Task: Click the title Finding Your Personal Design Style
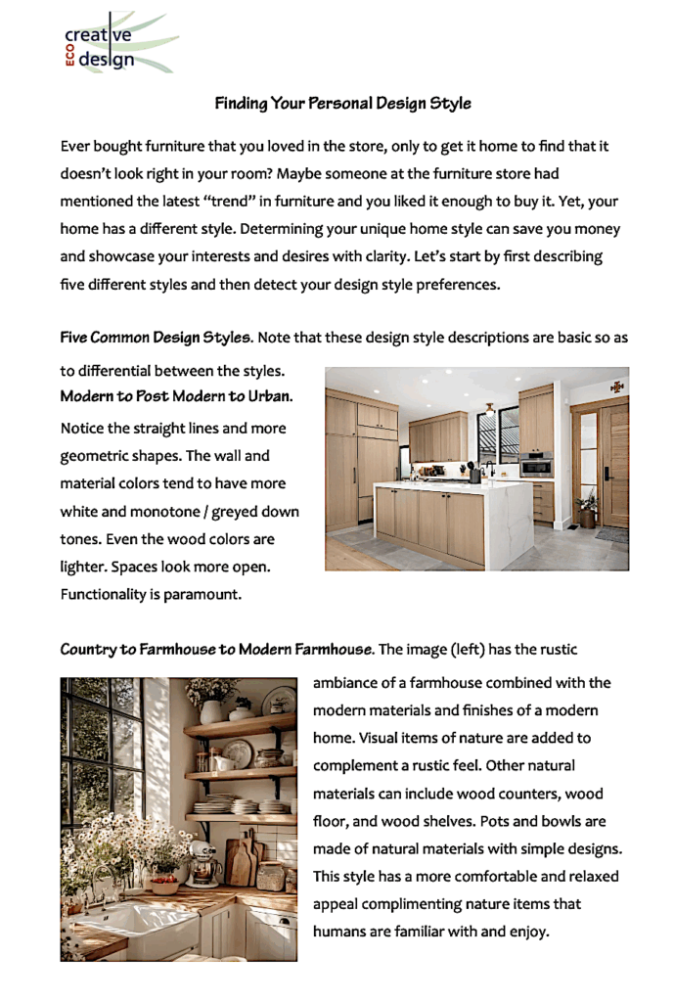tap(342, 103)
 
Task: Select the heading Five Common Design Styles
tap(156, 338)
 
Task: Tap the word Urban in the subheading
tap(270, 397)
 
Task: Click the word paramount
tap(198, 594)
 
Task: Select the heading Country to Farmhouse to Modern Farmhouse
tap(216, 649)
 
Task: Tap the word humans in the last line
tap(339, 932)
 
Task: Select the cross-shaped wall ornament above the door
tap(617, 387)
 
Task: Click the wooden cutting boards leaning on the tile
tap(243, 861)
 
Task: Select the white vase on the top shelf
tap(210, 710)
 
